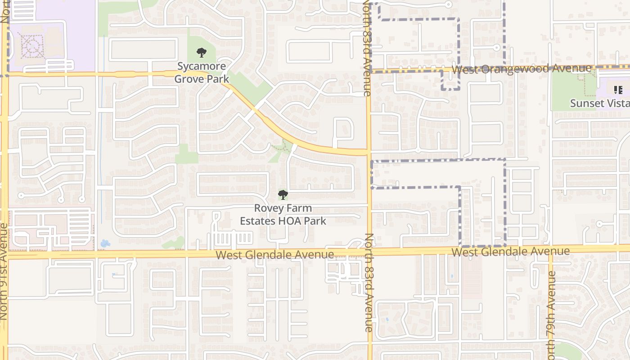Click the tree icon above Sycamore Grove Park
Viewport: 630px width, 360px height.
[202, 53]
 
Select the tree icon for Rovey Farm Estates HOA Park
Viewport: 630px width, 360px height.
[283, 195]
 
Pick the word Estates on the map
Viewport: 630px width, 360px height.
[255, 221]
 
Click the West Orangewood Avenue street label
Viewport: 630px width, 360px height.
[521, 69]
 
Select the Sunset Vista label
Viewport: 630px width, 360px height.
[599, 103]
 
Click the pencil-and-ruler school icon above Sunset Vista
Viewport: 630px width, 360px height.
[617, 90]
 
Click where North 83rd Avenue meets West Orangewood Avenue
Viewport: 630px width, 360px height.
[369, 71]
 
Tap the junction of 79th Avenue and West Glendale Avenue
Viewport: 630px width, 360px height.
[550, 249]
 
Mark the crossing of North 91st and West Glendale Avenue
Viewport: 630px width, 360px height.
[4, 255]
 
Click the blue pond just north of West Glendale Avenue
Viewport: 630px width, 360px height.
[105, 243]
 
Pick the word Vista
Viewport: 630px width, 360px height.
[618, 103]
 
